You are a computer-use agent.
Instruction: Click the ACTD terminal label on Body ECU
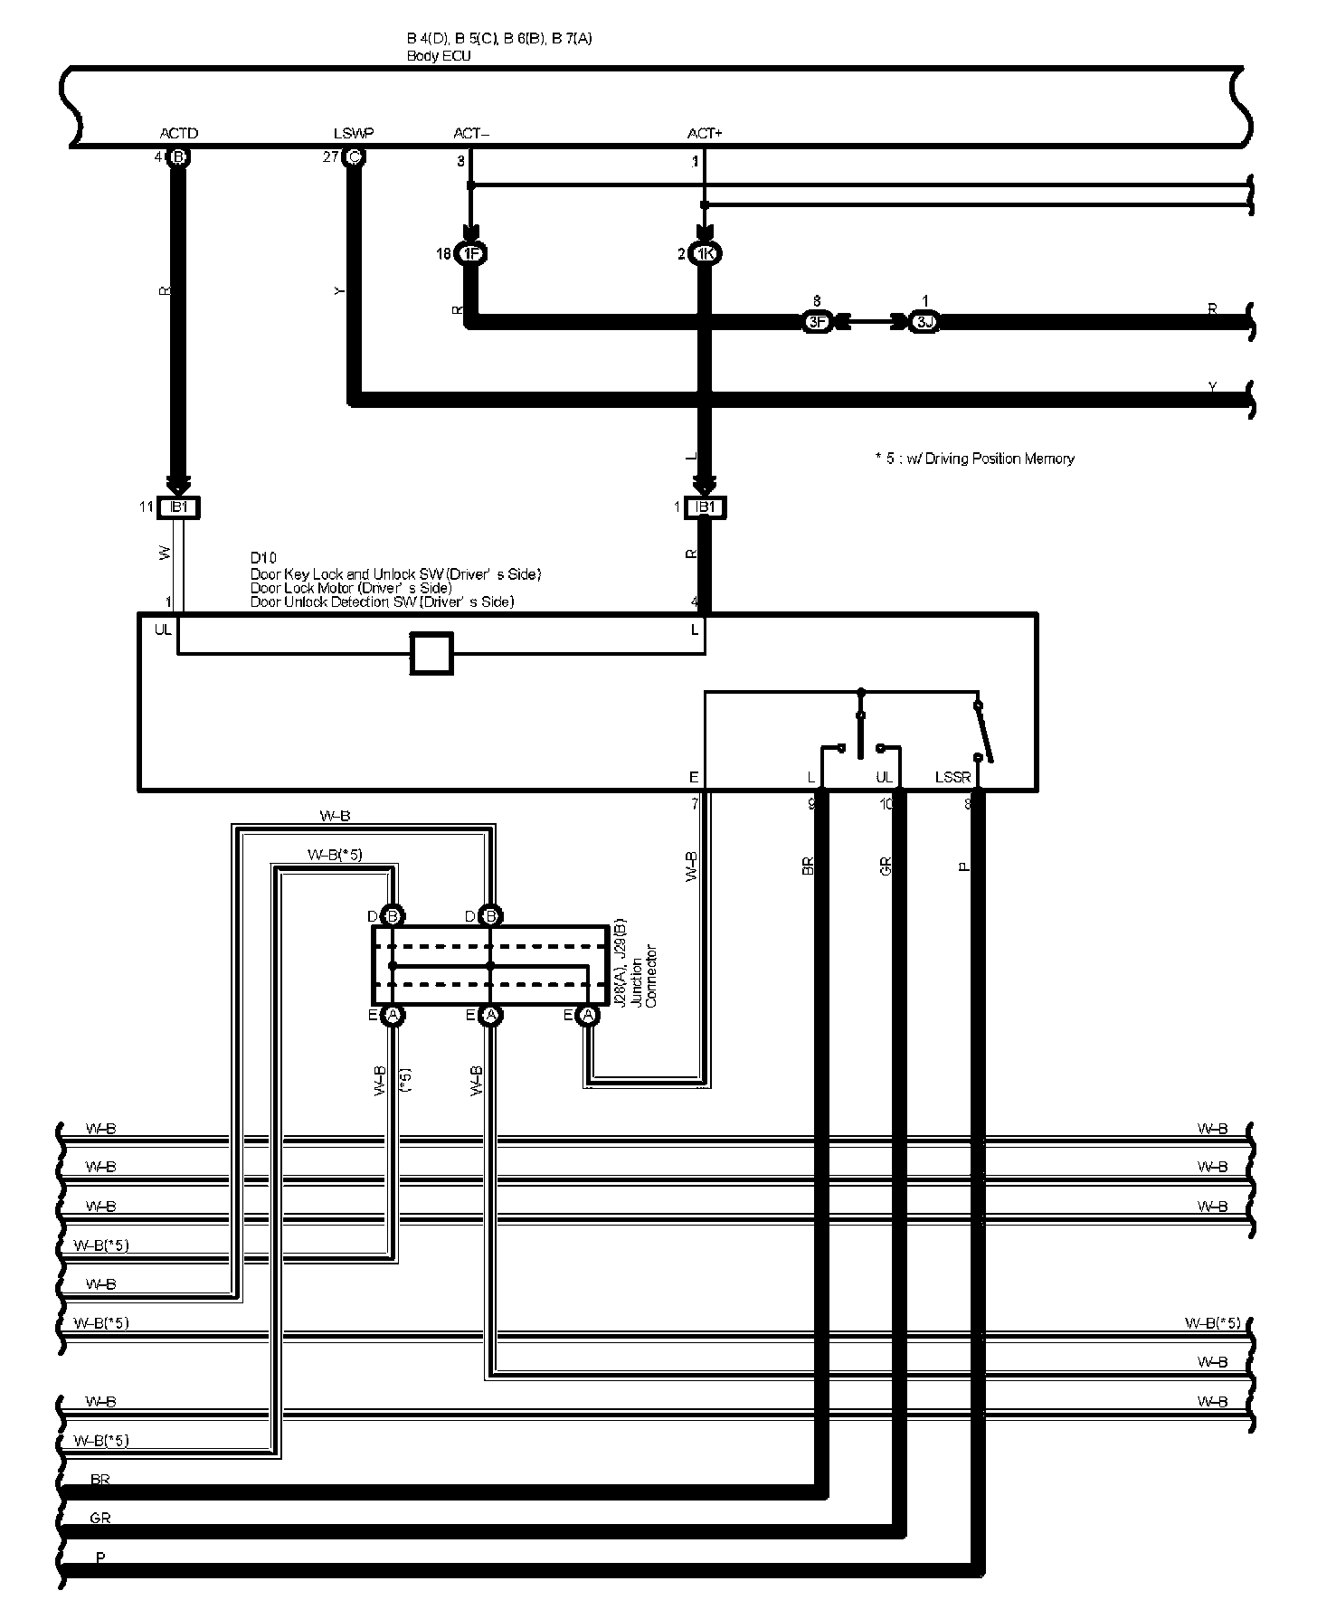pyautogui.click(x=178, y=134)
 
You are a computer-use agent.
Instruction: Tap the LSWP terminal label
pyautogui.click(x=353, y=134)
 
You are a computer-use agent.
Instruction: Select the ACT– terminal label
pyautogui.click(x=470, y=134)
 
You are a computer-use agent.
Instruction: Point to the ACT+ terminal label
pyautogui.click(x=705, y=134)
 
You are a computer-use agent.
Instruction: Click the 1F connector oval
pyautogui.click(x=470, y=254)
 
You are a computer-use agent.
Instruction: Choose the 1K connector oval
pyautogui.click(x=705, y=254)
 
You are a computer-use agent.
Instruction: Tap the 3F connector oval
pyautogui.click(x=817, y=322)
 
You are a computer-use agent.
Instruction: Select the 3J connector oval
pyautogui.click(x=924, y=322)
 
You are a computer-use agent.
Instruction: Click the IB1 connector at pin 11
pyautogui.click(x=178, y=507)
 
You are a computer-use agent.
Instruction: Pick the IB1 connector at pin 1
pyautogui.click(x=706, y=507)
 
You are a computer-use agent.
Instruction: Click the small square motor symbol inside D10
pyautogui.click(x=431, y=652)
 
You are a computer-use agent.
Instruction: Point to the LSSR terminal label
pyautogui.click(x=952, y=778)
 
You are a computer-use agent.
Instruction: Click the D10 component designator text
pyautogui.click(x=263, y=558)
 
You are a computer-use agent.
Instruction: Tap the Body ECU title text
pyautogui.click(x=439, y=56)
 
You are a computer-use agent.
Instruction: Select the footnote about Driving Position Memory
pyautogui.click(x=974, y=459)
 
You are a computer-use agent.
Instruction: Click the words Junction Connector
pyautogui.click(x=643, y=976)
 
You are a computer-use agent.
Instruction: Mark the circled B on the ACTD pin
pyautogui.click(x=178, y=157)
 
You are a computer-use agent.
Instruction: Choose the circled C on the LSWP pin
pyautogui.click(x=354, y=157)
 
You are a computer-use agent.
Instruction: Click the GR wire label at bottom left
pyautogui.click(x=100, y=1518)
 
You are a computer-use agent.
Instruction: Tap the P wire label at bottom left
pyautogui.click(x=100, y=1558)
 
